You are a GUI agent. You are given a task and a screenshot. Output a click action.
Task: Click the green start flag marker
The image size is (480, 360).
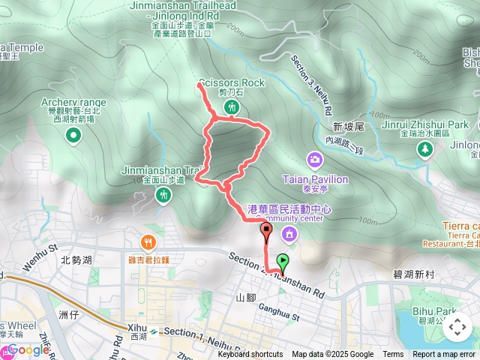[x=283, y=262]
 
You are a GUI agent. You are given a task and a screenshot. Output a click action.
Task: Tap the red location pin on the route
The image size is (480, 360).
[x=266, y=231]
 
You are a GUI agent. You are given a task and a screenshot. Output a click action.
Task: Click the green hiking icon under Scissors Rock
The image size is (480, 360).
[x=232, y=107]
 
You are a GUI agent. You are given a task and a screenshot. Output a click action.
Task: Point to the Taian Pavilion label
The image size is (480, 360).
[x=315, y=180]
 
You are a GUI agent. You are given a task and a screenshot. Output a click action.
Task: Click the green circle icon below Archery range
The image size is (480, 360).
[x=73, y=136]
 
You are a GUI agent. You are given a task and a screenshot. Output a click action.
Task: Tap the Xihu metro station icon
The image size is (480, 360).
[x=153, y=331]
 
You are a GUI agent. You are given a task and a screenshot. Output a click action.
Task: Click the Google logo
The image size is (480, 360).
[x=28, y=349]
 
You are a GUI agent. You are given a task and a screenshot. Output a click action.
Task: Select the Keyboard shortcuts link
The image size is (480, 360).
[x=250, y=355]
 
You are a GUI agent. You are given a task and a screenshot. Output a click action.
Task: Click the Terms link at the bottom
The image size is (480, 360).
[x=393, y=355]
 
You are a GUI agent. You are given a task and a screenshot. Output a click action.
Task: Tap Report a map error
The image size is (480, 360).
[x=445, y=355]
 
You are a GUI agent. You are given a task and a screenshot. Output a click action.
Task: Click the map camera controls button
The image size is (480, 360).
[x=457, y=327]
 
